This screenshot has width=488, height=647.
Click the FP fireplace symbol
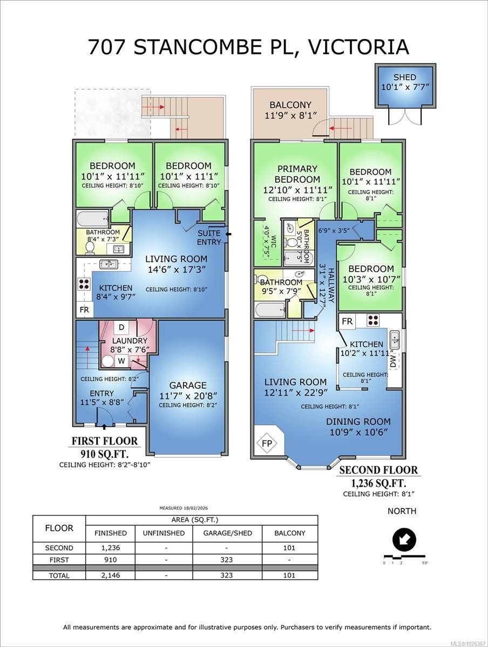(267, 443)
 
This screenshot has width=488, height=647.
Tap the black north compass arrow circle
(404, 540)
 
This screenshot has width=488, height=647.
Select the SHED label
(404, 78)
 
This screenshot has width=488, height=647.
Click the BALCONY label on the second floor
(290, 105)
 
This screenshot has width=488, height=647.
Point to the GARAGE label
(188, 386)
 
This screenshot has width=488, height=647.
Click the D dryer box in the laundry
(121, 327)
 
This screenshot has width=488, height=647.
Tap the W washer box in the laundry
(121, 361)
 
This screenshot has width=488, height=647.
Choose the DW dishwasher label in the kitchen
(392, 361)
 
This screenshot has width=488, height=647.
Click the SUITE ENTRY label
(209, 238)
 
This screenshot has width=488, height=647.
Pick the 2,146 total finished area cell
(110, 575)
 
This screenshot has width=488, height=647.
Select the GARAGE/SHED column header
(227, 533)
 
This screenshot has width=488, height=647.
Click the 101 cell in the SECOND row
(289, 548)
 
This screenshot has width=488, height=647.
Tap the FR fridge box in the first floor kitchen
(84, 310)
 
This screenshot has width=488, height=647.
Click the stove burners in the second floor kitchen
(373, 320)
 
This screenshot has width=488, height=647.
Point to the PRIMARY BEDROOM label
(297, 174)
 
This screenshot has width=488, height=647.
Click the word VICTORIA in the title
(358, 46)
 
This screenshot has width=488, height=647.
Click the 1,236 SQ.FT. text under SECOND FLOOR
(378, 483)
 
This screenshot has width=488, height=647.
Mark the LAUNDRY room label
(130, 341)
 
